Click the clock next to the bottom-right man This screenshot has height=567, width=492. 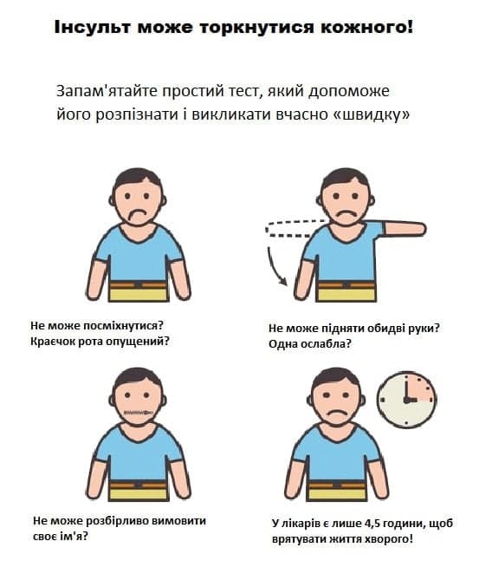tap(407, 400)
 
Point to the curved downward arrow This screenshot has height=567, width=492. tap(273, 268)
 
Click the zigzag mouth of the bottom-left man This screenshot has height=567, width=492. tap(139, 413)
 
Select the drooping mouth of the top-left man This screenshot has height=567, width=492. tap(138, 215)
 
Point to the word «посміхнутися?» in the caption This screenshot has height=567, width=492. tap(124, 325)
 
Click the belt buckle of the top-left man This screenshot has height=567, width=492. tap(138, 285)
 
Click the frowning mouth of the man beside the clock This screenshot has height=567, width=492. tap(336, 413)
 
